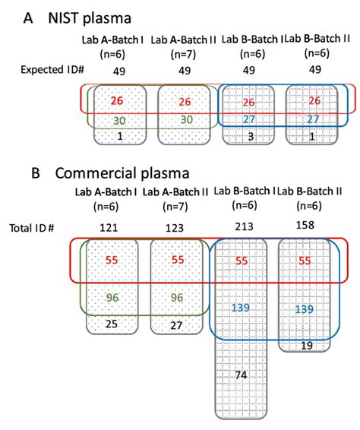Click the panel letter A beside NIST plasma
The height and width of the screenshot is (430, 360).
(x=28, y=18)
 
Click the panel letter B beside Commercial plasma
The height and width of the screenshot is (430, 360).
(x=36, y=173)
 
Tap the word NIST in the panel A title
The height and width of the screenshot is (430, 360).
(x=63, y=18)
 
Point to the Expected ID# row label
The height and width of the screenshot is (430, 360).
(x=52, y=70)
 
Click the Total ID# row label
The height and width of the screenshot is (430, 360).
(x=32, y=228)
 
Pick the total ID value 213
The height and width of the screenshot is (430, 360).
(x=244, y=226)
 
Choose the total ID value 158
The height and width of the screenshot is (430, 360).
(x=305, y=225)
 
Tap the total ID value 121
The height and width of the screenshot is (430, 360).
(x=109, y=228)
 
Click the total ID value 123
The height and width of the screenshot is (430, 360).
(x=175, y=228)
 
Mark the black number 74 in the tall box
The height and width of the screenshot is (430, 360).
(x=241, y=375)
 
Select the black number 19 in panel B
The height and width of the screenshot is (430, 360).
(x=307, y=346)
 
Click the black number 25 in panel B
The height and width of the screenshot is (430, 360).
(x=112, y=324)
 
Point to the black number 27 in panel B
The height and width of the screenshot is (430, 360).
(x=176, y=325)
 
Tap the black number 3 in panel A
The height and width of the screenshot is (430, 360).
(x=251, y=137)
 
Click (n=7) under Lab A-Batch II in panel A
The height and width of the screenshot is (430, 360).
(x=183, y=54)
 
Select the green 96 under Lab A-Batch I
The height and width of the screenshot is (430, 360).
(x=112, y=298)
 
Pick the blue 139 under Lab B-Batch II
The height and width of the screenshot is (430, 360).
(x=304, y=309)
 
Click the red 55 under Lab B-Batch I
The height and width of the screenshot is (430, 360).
(x=242, y=261)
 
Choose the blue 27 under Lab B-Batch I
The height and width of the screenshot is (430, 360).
(x=249, y=119)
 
